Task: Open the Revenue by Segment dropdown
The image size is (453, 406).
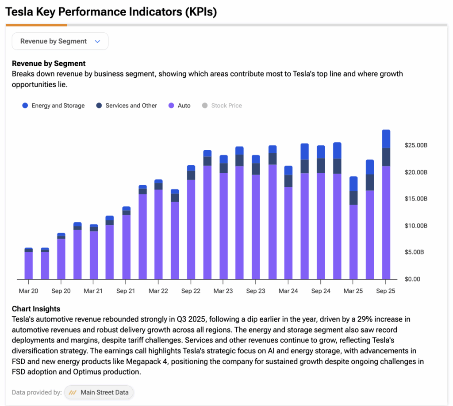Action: click(x=60, y=41)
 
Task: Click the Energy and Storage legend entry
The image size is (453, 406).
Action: click(x=54, y=106)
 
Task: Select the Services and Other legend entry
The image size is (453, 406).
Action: click(x=127, y=106)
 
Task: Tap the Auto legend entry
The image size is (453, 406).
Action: click(x=180, y=106)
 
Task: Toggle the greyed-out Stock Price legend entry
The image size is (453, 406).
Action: click(x=222, y=106)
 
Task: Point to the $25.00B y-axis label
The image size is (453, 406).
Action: click(x=416, y=145)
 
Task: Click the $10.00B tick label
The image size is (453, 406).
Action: click(x=416, y=226)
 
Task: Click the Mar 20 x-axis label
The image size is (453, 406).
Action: click(x=28, y=291)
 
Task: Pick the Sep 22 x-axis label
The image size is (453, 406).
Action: click(x=191, y=291)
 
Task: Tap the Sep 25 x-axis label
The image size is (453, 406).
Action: click(x=385, y=291)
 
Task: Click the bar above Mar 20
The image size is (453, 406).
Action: click(x=29, y=265)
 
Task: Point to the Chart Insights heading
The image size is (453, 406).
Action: click(x=36, y=309)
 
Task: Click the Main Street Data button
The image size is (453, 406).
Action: click(x=99, y=392)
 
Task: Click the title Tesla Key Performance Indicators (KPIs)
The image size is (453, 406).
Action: click(x=111, y=12)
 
